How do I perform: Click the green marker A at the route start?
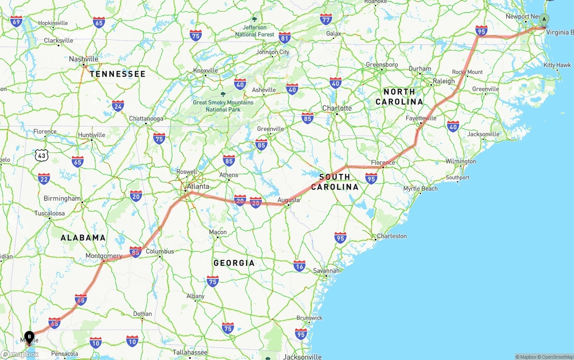pos(544,19)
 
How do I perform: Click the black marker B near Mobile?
pos(29,337)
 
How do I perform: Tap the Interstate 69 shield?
pos(16,21)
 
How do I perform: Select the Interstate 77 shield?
pos(326,19)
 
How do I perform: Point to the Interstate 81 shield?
pos(284,37)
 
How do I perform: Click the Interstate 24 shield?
pos(118,106)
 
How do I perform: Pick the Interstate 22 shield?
pos(44,179)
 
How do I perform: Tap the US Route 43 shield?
pos(42,155)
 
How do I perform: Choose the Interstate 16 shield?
pos(300,266)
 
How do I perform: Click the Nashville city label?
pos(83,59)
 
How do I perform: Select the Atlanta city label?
pos(198,187)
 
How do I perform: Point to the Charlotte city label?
pos(337,108)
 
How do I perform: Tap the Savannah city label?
pos(326,271)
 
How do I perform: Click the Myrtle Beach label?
pos(420,189)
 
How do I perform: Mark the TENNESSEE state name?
pos(117,74)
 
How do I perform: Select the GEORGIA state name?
pos(234,263)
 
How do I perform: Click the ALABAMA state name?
pos(83,238)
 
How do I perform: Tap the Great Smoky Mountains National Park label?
pos(223,106)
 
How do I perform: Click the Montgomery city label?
pos(104,256)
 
